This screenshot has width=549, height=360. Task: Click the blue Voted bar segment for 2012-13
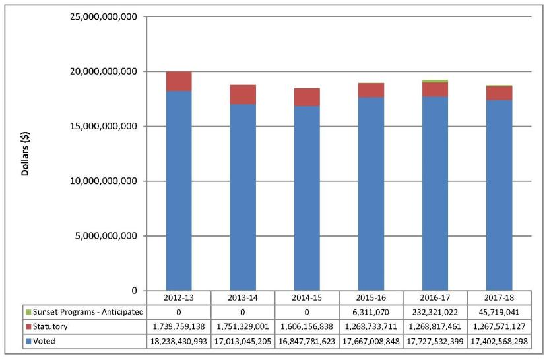pyautogui.click(x=178, y=191)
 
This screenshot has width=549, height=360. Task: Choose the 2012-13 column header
pyautogui.click(x=178, y=297)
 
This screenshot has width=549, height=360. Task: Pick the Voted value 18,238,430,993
pyautogui.click(x=178, y=341)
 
